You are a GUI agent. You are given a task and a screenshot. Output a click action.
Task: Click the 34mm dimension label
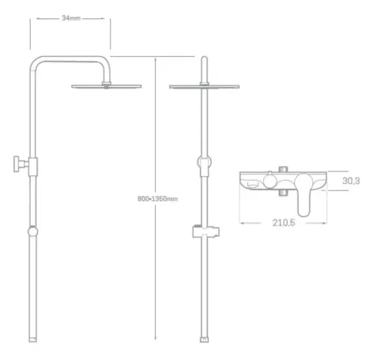tap(71, 18)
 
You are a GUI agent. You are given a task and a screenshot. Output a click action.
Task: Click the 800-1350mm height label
tap(157, 199)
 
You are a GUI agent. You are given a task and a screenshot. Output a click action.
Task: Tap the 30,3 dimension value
tap(351, 181)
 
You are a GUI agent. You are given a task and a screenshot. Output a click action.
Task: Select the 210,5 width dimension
tap(283, 222)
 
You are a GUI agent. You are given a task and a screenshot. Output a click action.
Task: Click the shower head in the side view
tap(107, 86)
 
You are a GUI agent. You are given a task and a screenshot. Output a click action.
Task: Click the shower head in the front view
tap(205, 86)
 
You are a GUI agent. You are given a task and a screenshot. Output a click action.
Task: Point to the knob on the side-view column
tap(21, 164)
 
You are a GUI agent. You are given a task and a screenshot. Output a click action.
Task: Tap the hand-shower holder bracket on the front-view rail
tap(205, 231)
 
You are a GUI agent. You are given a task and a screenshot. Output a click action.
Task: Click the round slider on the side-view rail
tap(32, 231)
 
